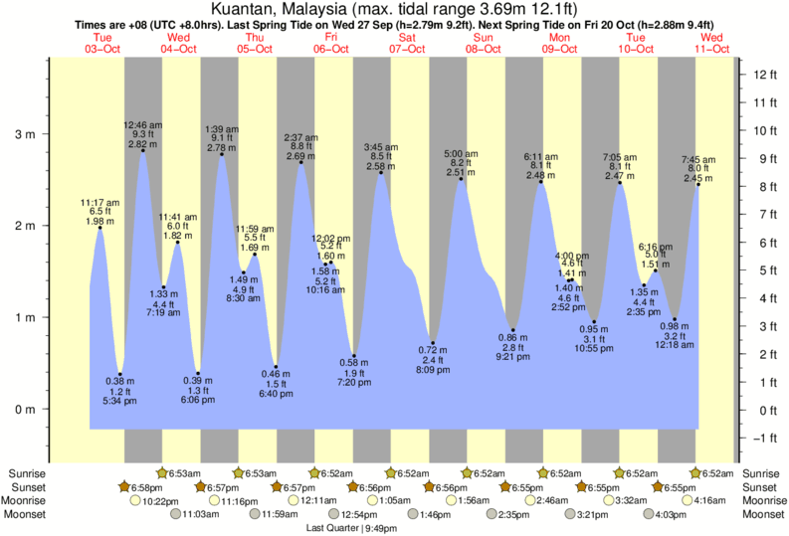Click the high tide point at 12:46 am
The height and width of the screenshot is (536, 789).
(x=143, y=150)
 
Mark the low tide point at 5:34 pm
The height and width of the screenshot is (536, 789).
(x=119, y=374)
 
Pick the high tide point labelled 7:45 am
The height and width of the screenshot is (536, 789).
(x=698, y=184)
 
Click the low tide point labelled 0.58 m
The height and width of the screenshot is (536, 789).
(x=354, y=356)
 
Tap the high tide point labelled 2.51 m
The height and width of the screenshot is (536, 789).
(x=461, y=179)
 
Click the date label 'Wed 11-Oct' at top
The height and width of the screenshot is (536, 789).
(x=712, y=43)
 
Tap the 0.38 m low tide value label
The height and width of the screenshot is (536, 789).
(x=119, y=381)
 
